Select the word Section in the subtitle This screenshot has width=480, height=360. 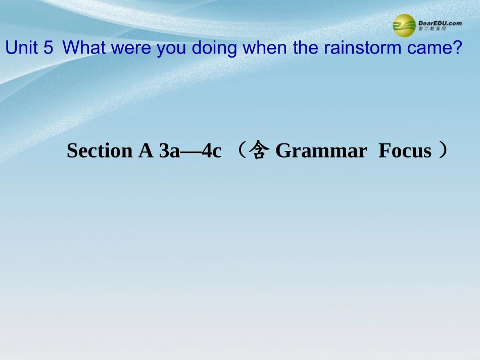98,151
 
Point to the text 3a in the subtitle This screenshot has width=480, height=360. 169,151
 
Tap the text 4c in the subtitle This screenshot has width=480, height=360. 211,151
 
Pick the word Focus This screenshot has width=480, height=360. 405,151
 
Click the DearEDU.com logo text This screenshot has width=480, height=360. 440,23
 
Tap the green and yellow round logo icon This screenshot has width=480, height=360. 404,25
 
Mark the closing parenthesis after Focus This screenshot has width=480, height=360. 443,151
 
